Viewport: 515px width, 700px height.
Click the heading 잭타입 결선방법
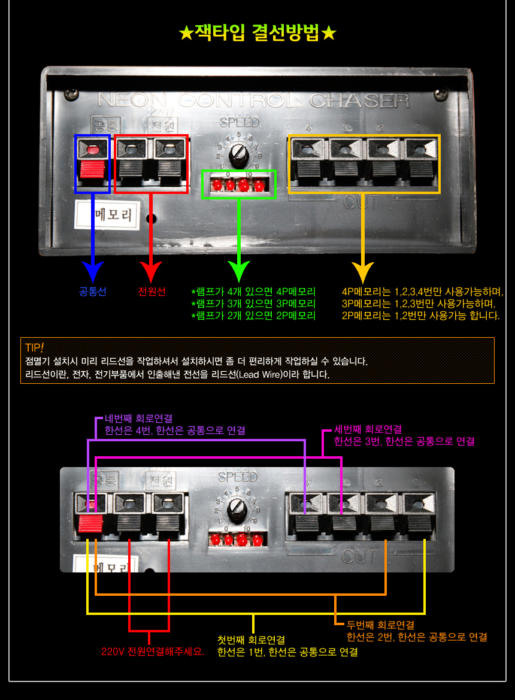(x=257, y=33)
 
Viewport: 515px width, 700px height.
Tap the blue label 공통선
(x=92, y=292)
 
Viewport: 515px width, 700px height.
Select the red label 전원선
(x=152, y=292)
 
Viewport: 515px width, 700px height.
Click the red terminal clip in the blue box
(x=92, y=169)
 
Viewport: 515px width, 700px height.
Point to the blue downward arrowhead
(x=92, y=272)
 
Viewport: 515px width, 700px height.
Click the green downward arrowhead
(x=239, y=272)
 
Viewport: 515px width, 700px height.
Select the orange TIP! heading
(x=35, y=348)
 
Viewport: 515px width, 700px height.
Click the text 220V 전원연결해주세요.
(x=153, y=651)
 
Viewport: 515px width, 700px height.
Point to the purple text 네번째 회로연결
(x=138, y=419)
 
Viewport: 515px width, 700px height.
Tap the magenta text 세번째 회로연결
(x=368, y=429)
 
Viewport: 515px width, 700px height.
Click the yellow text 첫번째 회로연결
(x=251, y=640)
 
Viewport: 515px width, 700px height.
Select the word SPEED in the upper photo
(x=240, y=123)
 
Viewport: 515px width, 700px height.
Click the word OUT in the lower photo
(x=359, y=557)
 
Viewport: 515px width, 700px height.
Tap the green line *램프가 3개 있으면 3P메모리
(x=253, y=304)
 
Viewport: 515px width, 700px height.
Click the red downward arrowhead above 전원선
(x=152, y=272)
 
